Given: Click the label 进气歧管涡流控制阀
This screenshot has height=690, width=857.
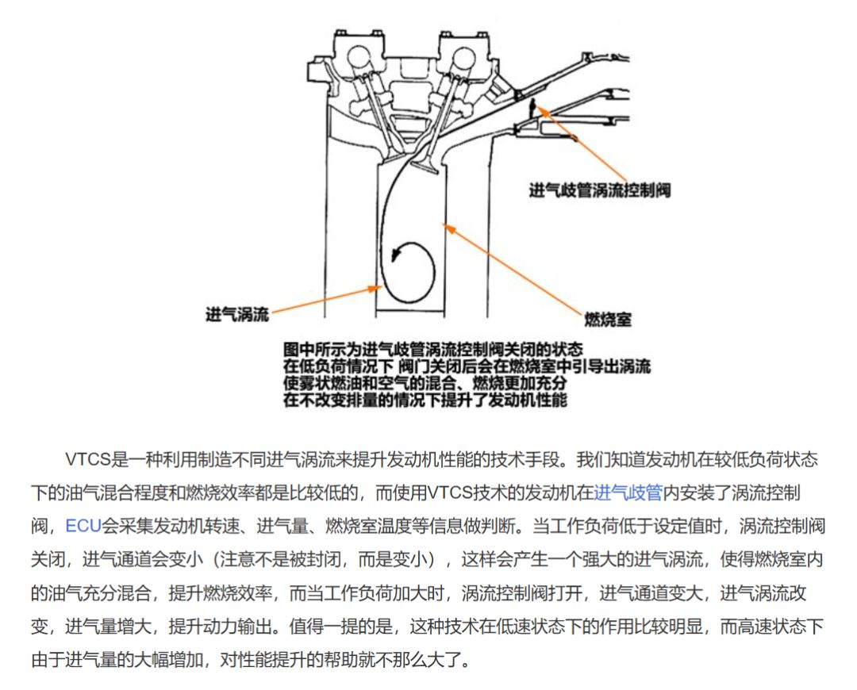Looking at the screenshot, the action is (x=599, y=190).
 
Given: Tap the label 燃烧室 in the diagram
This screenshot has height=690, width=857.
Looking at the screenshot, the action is (x=607, y=319).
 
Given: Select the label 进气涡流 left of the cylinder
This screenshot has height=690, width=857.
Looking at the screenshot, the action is (x=237, y=313).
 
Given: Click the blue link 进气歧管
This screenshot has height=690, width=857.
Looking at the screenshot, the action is (x=628, y=493).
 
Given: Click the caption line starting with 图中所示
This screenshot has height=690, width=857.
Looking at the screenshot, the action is (x=432, y=349).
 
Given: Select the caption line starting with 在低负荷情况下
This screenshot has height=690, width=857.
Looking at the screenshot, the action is (x=467, y=366).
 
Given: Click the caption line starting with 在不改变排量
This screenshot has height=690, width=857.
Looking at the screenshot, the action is (x=425, y=401).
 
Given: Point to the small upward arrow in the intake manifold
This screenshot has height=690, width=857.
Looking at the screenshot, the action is (x=532, y=105).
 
